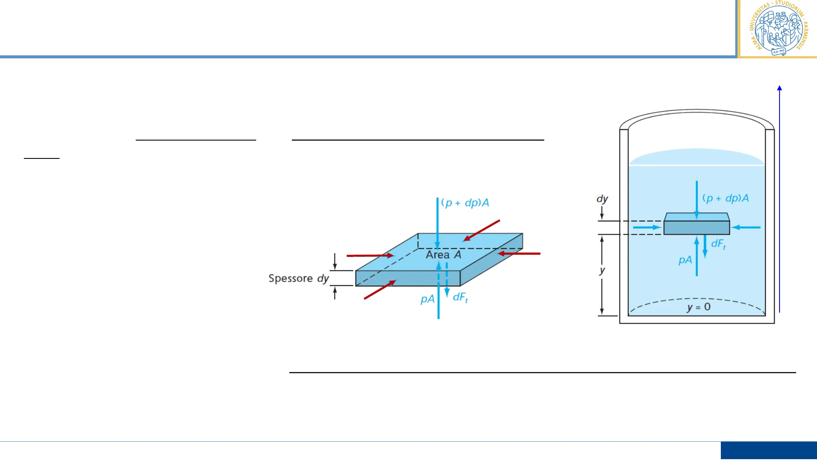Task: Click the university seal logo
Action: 778,29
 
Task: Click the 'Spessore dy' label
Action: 298,279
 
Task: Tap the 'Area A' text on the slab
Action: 443,255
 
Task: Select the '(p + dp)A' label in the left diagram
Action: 465,203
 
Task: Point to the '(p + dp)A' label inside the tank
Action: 726,198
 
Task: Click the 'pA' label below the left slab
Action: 427,299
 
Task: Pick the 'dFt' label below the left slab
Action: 460,297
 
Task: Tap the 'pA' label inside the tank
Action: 685,260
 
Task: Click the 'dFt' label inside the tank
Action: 718,244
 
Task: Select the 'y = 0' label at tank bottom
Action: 698,307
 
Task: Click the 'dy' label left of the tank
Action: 602,199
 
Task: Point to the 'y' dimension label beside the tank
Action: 602,270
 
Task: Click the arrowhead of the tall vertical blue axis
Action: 780,88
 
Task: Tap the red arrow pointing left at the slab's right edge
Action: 519,253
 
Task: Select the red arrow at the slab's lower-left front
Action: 380,290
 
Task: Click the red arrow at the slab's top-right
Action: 482,230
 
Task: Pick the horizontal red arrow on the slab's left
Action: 370,256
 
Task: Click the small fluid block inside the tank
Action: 697,224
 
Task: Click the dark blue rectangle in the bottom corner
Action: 768,450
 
